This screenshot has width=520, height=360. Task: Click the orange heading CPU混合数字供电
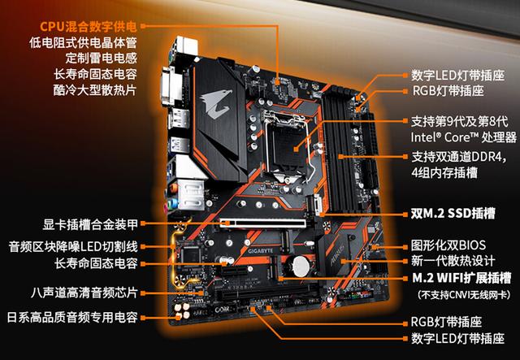click(x=89, y=27)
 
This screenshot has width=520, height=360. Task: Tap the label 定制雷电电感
click(x=101, y=58)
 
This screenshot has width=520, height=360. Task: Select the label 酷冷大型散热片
click(x=95, y=89)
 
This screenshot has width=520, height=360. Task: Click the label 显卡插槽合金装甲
click(x=90, y=224)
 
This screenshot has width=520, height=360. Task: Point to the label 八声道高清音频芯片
click(x=84, y=293)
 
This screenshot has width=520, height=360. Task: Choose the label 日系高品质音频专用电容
click(x=72, y=317)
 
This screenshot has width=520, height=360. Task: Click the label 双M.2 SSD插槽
click(x=453, y=214)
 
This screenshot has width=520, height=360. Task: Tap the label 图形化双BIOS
click(x=448, y=245)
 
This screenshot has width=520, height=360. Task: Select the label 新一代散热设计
click(x=453, y=261)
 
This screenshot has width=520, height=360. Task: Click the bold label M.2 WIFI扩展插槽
click(x=461, y=278)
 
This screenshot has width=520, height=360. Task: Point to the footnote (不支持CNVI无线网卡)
click(x=464, y=295)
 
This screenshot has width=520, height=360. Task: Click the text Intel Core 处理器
click(x=464, y=137)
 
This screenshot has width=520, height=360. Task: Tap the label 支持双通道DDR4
click(x=459, y=157)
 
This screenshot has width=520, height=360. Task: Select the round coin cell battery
click(x=301, y=266)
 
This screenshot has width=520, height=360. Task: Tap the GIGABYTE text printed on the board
click(x=261, y=251)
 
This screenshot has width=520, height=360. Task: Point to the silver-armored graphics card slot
click(x=263, y=223)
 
